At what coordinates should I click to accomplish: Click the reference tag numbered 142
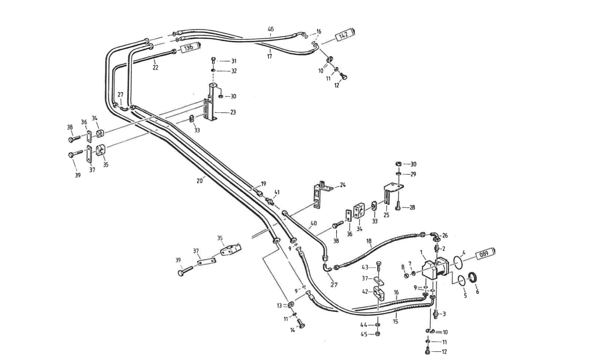tap(344, 35)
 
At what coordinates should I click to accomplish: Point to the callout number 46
tap(271, 29)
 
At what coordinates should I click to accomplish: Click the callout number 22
tap(155, 67)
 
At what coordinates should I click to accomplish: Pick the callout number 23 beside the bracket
tap(233, 112)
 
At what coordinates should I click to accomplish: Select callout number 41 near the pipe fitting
tap(277, 192)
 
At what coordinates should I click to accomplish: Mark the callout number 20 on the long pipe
tap(199, 181)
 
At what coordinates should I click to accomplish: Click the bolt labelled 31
tap(213, 61)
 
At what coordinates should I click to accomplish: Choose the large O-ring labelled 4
tap(457, 263)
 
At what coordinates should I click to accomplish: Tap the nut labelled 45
tap(377, 334)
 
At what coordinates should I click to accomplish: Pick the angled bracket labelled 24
tap(320, 195)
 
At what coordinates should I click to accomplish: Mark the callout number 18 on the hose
tap(369, 241)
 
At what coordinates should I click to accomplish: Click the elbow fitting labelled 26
tap(435, 236)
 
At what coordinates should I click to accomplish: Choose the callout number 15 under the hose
tap(395, 321)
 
